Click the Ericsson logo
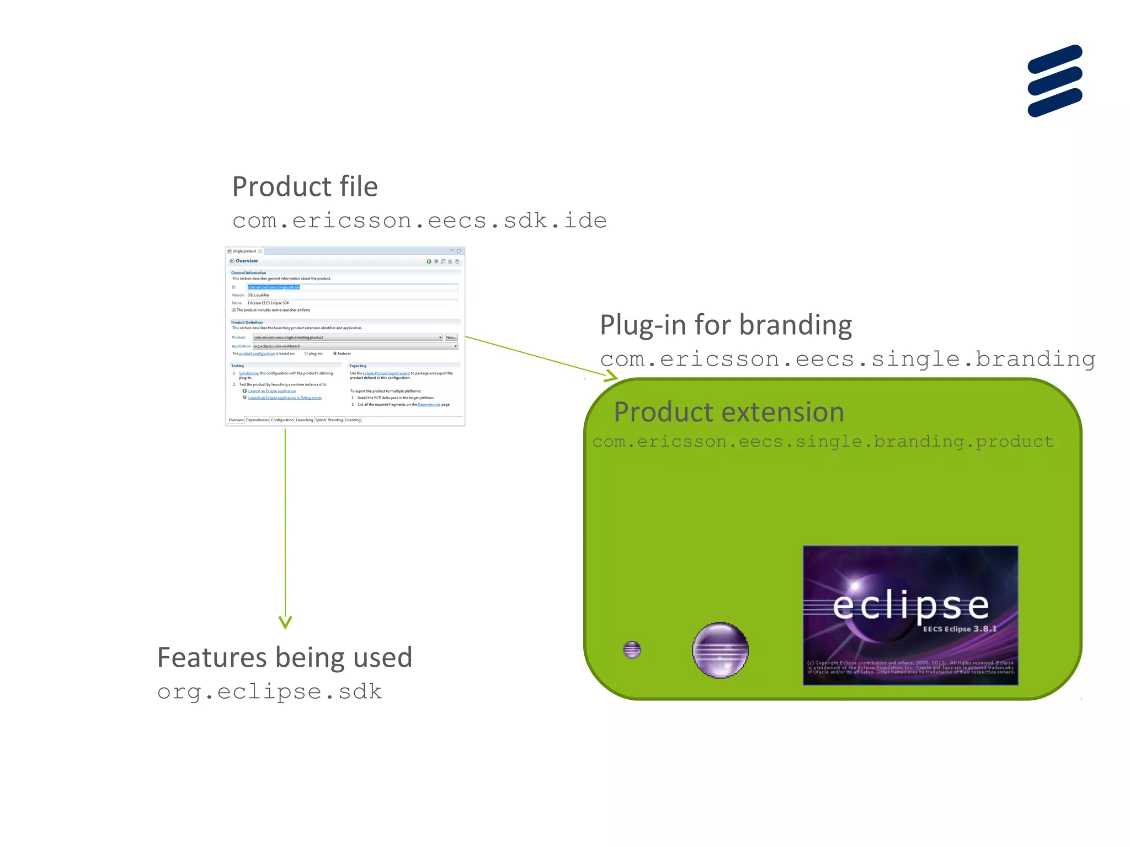[x=1054, y=81]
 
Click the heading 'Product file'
[x=305, y=186]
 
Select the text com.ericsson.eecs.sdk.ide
[x=419, y=221]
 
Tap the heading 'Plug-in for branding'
[x=726, y=325]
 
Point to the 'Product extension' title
[x=729, y=412]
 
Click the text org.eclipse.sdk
[x=269, y=691]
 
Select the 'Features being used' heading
[x=285, y=657]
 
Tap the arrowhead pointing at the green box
[x=611, y=377]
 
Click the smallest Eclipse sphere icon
[x=632, y=650]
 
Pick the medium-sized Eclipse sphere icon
[x=720, y=650]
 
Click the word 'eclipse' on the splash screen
[x=910, y=606]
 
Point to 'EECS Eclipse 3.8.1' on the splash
[x=960, y=629]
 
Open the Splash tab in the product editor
[x=321, y=420]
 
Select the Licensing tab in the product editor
[x=353, y=420]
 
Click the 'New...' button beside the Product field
[x=451, y=337]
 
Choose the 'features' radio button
[x=335, y=353]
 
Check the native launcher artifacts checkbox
[x=234, y=310]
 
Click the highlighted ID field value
[x=274, y=287]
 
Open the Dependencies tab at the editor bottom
[x=257, y=420]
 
